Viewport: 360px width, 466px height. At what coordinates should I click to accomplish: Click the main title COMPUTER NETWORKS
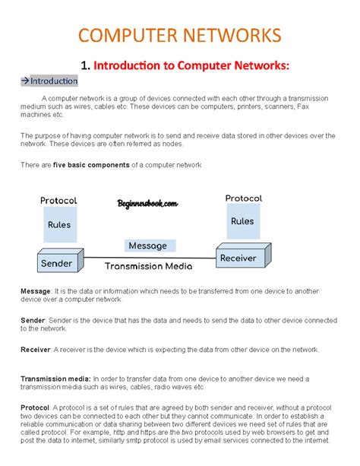[x=180, y=35]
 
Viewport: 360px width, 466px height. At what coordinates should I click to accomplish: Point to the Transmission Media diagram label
[x=148, y=266]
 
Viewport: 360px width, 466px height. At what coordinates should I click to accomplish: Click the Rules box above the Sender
[x=58, y=225]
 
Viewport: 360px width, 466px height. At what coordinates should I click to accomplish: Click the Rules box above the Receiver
[x=242, y=221]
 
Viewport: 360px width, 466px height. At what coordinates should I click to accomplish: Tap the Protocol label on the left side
[x=58, y=201]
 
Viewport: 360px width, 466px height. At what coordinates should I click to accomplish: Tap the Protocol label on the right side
[x=244, y=198]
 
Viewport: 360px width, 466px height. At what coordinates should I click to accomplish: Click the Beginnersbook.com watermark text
[x=147, y=204]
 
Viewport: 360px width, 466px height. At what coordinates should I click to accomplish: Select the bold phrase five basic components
[x=87, y=165]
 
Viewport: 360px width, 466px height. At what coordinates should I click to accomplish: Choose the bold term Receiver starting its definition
[x=38, y=350]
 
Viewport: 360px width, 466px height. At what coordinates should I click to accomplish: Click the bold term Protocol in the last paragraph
[x=36, y=407]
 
